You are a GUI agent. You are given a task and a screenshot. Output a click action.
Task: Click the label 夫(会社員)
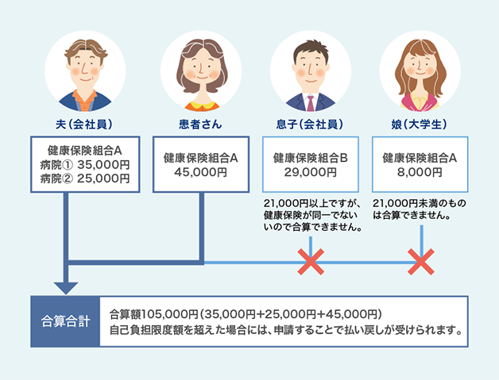(85, 125)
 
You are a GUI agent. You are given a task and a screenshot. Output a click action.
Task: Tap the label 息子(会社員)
(311, 125)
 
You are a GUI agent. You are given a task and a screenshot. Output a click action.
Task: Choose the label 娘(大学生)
(420, 125)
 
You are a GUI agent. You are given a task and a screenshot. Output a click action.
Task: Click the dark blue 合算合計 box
(64, 322)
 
